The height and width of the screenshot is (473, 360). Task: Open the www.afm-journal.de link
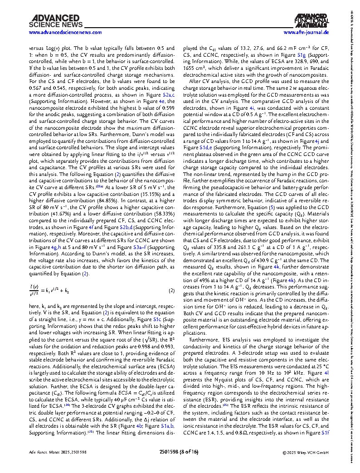(x=306, y=33)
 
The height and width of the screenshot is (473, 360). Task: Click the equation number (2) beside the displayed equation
(x=172, y=290)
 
